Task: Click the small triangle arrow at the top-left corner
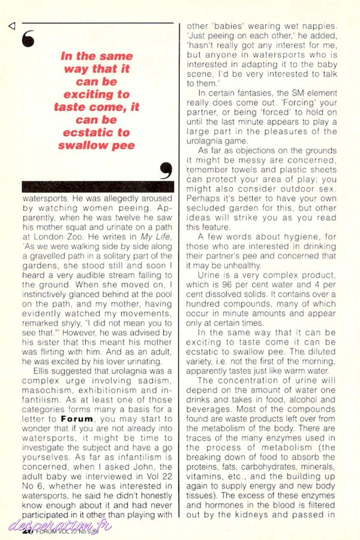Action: tap(12, 26)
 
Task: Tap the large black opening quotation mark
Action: tap(28, 39)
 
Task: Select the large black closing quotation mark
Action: tap(166, 171)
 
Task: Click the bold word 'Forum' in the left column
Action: tap(77, 419)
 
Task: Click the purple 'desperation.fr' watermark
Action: tap(59, 526)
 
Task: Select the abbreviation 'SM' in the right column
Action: tap(298, 93)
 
